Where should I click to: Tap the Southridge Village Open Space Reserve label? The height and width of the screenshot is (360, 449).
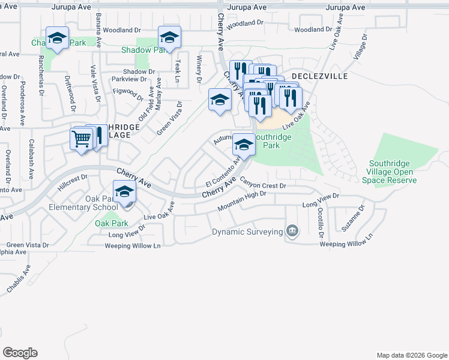pyautogui.click(x=393, y=171)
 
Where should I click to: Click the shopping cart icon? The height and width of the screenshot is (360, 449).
pyautogui.click(x=81, y=139)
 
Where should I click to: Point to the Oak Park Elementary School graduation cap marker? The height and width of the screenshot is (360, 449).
pyautogui.click(x=124, y=192)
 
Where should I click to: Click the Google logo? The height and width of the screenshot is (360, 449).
pyautogui.click(x=20, y=353)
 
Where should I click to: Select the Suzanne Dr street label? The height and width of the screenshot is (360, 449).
pyautogui.click(x=361, y=219)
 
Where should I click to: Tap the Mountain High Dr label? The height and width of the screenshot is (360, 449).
pyautogui.click(x=241, y=200)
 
